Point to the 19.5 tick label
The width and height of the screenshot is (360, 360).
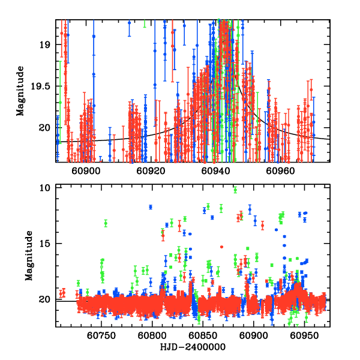tap(41, 86)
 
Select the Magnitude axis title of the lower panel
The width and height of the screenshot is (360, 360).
tap(29, 256)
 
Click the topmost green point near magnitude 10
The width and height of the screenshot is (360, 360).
tap(235, 190)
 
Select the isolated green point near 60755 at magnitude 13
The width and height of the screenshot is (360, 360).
tap(106, 223)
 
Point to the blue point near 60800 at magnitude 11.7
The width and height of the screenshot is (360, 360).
tap(151, 207)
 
